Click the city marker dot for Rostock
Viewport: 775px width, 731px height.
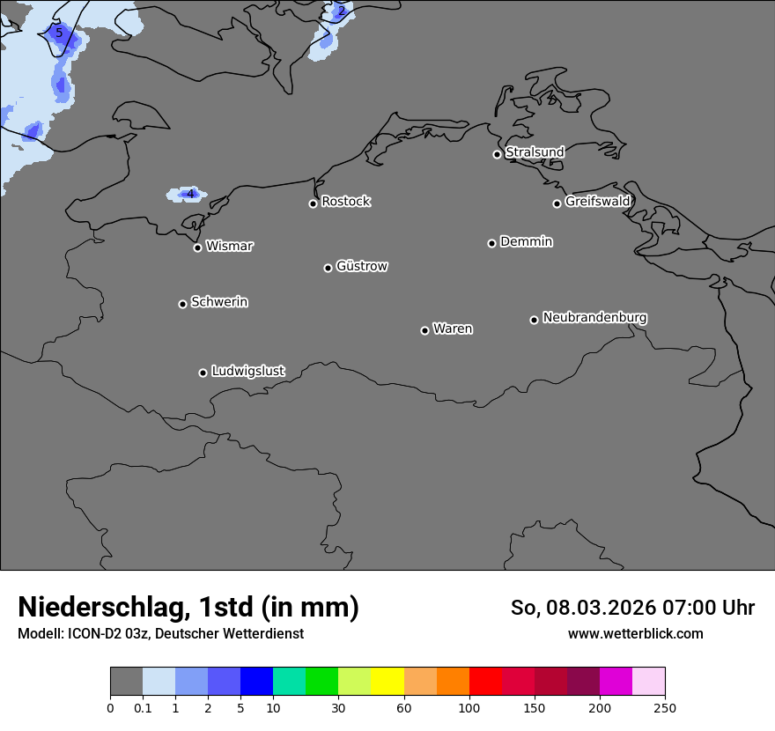pyautogui.click(x=313, y=203)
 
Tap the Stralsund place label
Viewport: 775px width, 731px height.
pyautogui.click(x=535, y=152)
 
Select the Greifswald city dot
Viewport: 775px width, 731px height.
pyautogui.click(x=557, y=203)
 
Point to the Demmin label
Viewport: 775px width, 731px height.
pyautogui.click(x=526, y=241)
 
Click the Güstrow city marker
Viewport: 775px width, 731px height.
pyautogui.click(x=328, y=268)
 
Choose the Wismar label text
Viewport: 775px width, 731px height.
pyautogui.click(x=229, y=247)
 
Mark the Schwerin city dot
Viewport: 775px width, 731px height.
pyautogui.click(x=182, y=304)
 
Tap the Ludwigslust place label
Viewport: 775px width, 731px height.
pyautogui.click(x=247, y=372)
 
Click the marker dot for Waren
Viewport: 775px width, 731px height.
pyautogui.click(x=424, y=330)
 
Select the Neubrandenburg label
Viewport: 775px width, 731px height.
pyautogui.click(x=594, y=318)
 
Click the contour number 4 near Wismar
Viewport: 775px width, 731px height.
pyautogui.click(x=189, y=194)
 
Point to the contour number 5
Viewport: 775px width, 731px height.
pyautogui.click(x=59, y=33)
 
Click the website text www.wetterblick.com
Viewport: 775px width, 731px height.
pyautogui.click(x=635, y=633)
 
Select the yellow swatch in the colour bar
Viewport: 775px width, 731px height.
pyautogui.click(x=387, y=682)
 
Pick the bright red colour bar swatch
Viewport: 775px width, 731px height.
pyautogui.click(x=486, y=682)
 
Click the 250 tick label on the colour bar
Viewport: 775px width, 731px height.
pyautogui.click(x=665, y=708)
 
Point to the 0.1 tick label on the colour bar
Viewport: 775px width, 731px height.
pyautogui.click(x=143, y=708)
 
